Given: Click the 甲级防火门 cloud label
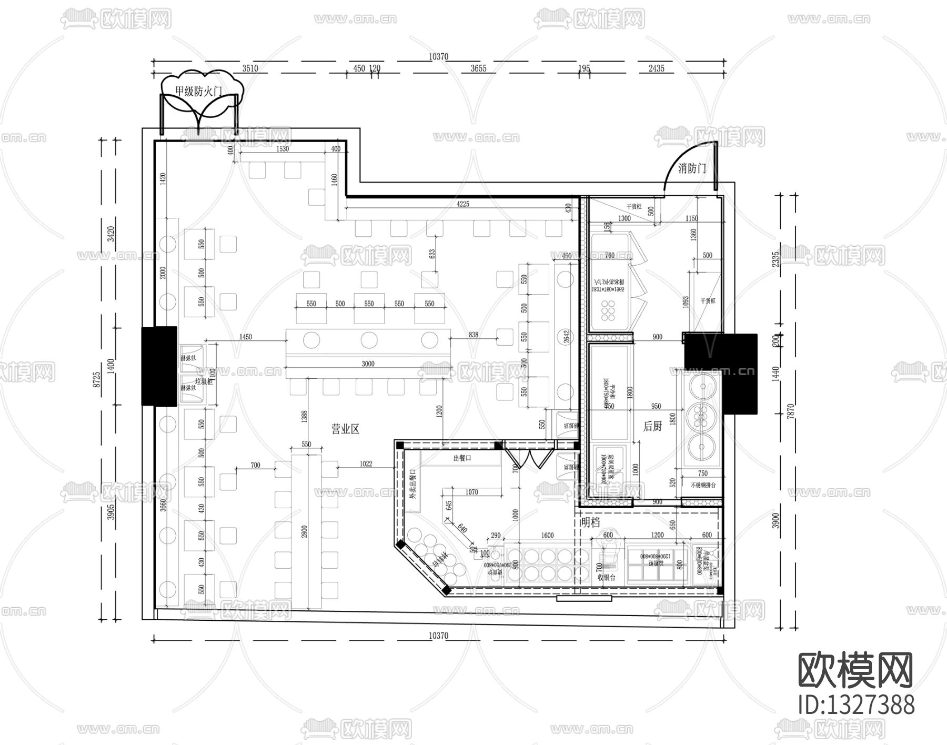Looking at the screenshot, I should point(199,91).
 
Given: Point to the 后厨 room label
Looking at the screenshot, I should point(652,426).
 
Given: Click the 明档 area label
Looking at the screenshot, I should point(591,522).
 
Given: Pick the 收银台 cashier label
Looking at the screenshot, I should point(607,577).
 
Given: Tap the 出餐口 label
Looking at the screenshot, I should point(462,458).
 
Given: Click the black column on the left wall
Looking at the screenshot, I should point(159,366).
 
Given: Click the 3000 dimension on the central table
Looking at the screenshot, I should point(368,364).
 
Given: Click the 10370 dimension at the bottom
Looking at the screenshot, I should point(438,636).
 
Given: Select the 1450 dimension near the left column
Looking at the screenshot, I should point(245,337).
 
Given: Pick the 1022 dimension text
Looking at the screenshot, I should point(366,464).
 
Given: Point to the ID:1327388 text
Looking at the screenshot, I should point(855,704).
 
